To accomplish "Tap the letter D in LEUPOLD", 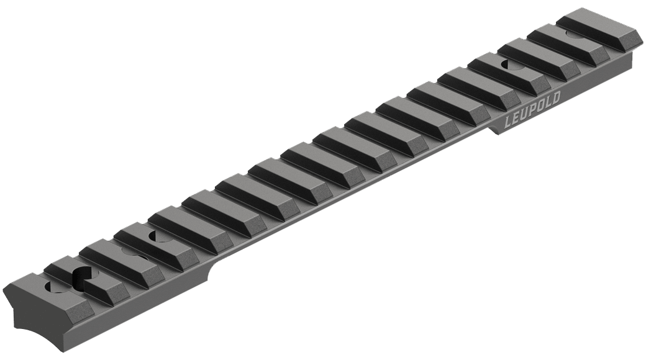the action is click(556, 99).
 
